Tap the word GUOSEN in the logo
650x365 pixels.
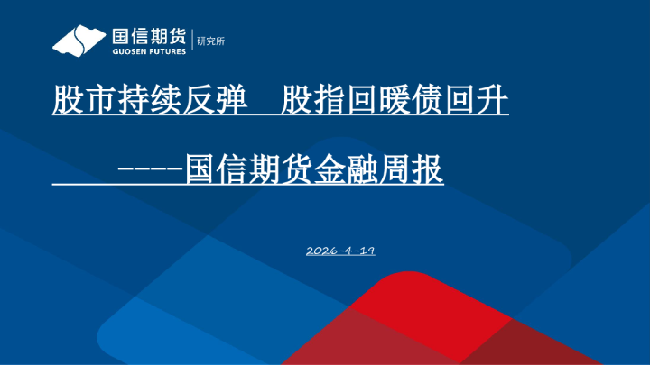click(x=126, y=51)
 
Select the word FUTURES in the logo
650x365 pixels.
click(x=165, y=51)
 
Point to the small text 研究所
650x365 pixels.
click(x=208, y=41)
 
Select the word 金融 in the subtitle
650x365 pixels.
click(x=330, y=169)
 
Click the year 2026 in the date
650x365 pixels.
click(x=322, y=250)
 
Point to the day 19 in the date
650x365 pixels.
click(x=366, y=250)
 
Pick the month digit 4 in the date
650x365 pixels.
click(x=348, y=250)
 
